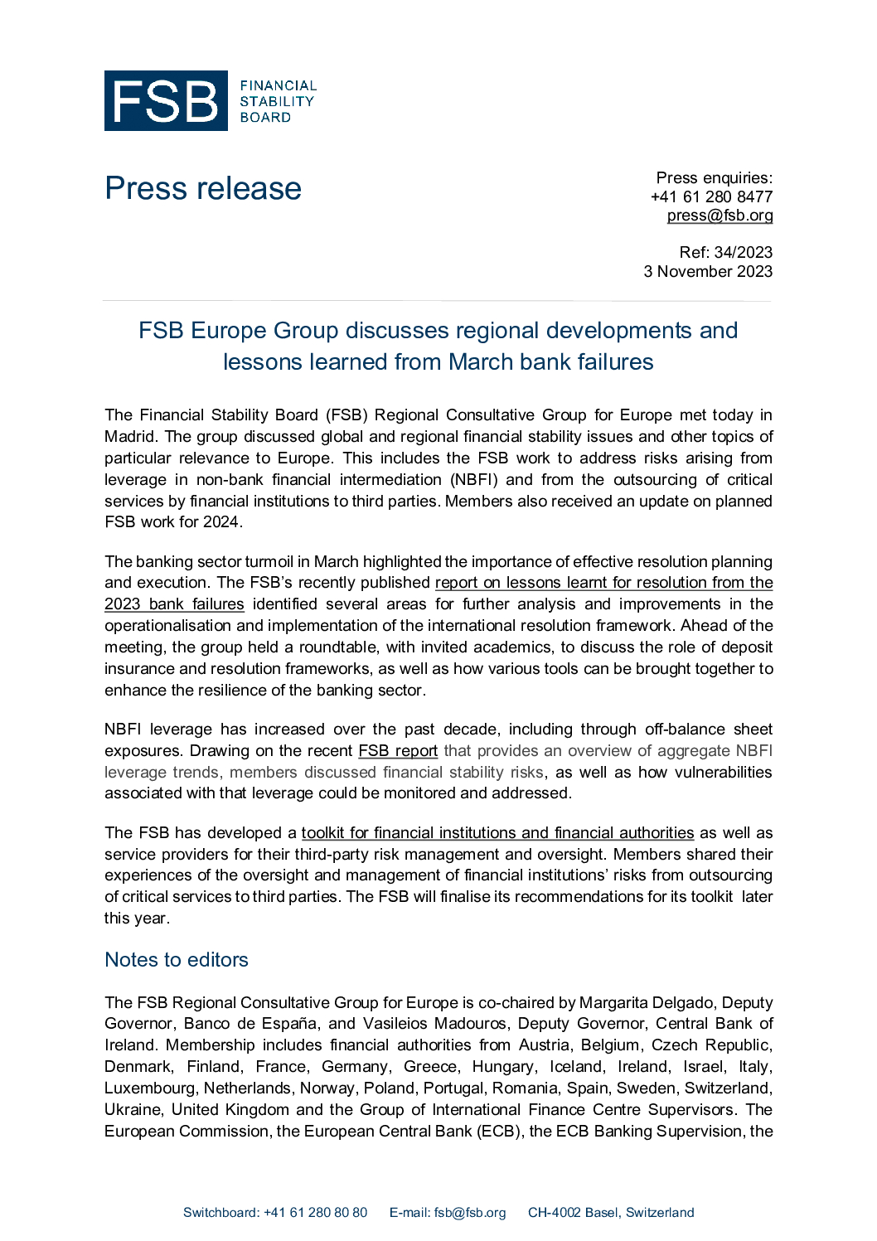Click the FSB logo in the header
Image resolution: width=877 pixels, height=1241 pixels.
pos(166,101)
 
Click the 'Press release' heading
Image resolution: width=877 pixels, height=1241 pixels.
pos(203,189)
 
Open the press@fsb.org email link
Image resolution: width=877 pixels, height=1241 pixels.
pos(720,216)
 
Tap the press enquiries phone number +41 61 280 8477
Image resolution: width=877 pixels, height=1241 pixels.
pos(711,196)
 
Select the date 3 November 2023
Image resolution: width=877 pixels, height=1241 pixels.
pos(708,272)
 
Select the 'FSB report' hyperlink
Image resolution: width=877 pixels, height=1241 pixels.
pos(398,751)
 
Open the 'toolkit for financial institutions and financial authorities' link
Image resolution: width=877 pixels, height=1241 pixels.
pos(497,833)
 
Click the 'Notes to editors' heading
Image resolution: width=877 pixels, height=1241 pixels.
pos(177,960)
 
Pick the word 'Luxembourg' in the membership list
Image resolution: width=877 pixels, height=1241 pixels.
pos(151,1088)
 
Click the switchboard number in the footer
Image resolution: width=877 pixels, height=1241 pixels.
pos(315,1213)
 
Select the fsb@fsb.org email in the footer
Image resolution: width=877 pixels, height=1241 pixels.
pos(469,1213)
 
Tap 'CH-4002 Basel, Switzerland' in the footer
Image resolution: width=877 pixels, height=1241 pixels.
pos(611,1213)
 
